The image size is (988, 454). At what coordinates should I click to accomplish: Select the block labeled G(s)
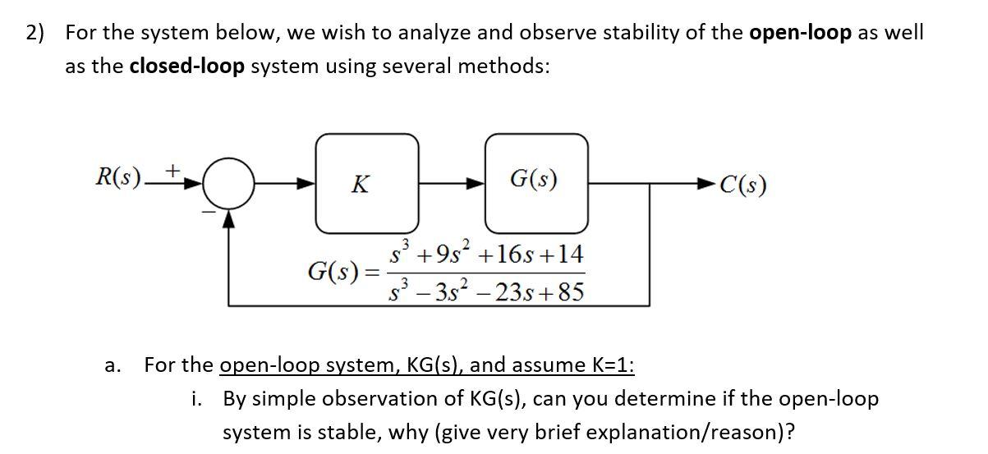pyautogui.click(x=535, y=182)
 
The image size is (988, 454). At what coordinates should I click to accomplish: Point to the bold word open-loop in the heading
pyautogui.click(x=801, y=33)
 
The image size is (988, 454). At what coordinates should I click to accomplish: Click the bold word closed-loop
pyautogui.click(x=187, y=66)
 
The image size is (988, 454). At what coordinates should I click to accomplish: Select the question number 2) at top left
pyautogui.click(x=36, y=34)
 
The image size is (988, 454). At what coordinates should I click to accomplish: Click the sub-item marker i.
pyautogui.click(x=197, y=400)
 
